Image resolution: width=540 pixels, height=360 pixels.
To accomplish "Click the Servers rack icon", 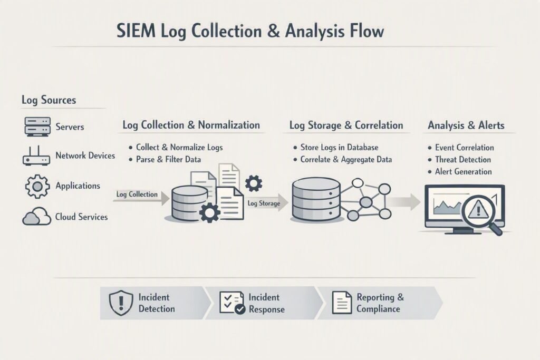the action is (37, 127).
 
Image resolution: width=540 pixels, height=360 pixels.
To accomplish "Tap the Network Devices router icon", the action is (36, 155).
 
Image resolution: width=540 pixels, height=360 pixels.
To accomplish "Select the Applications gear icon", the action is (37, 186).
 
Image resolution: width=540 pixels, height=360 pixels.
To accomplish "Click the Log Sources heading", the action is (49, 100).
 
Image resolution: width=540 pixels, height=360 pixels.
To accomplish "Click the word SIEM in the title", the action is (136, 31).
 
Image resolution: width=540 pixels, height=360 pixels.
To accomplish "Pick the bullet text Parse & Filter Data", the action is (168, 159).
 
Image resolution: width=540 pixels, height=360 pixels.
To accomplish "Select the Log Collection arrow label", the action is (137, 194).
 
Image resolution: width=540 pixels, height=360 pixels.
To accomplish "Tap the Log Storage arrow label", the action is (264, 203).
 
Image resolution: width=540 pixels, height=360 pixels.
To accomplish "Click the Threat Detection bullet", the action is (463, 160).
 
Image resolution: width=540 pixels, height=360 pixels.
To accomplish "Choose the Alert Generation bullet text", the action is (463, 171).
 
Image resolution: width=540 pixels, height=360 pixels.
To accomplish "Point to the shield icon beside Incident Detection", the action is (121, 303).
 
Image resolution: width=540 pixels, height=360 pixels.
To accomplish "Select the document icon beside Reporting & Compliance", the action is (342, 303).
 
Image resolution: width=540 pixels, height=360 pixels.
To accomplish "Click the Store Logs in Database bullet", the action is (339, 147).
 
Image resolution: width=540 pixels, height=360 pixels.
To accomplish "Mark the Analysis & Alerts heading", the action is (466, 125).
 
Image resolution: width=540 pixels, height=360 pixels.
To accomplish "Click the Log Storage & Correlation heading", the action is (346, 125).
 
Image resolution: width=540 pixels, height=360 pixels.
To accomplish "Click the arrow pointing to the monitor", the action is (406, 202).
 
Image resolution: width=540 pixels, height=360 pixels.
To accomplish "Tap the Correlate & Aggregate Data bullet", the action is (346, 160).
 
